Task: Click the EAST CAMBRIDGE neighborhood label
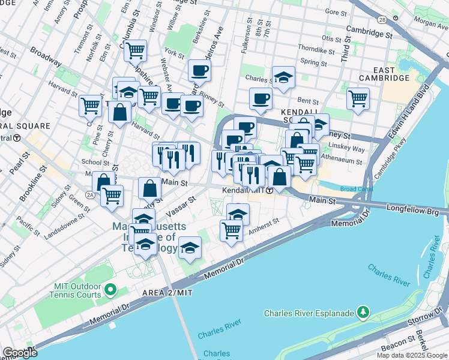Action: coord(384,73)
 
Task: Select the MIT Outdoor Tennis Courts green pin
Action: coord(109,290)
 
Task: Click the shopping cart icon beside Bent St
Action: coord(358,98)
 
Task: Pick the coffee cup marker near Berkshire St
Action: coord(199,71)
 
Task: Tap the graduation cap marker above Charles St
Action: coord(283,77)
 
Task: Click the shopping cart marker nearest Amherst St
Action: coord(231,229)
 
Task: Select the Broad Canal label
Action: coord(356,189)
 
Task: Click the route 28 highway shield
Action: coord(382,20)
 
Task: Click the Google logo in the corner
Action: coord(20,353)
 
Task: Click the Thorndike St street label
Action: coord(316,49)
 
